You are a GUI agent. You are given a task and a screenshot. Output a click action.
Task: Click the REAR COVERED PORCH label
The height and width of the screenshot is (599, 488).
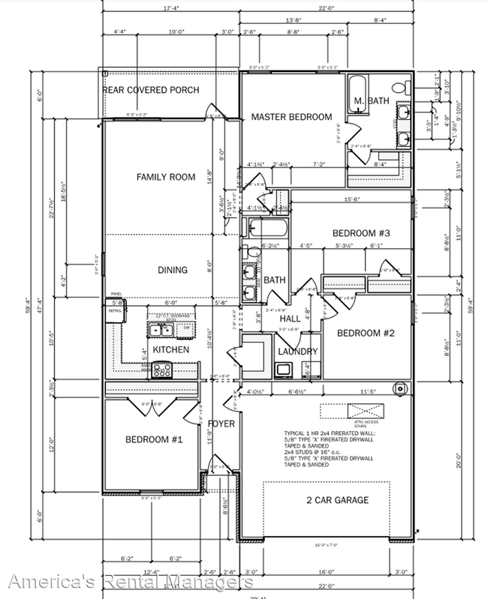(x=151, y=91)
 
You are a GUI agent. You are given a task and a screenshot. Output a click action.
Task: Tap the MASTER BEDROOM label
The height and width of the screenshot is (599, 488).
(x=291, y=117)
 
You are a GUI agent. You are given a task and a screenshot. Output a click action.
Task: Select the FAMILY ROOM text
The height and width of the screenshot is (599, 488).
(x=165, y=178)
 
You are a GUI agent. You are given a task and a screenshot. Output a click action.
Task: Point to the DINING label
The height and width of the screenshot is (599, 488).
(x=172, y=270)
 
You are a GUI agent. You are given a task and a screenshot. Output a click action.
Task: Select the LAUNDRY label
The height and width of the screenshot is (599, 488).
(x=298, y=352)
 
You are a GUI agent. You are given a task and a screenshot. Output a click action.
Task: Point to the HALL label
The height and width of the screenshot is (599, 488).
(x=289, y=319)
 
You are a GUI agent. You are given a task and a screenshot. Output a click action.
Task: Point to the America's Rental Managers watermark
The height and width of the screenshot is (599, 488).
(x=127, y=583)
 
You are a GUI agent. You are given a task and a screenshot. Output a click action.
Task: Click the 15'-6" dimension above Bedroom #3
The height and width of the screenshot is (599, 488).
(x=353, y=199)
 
